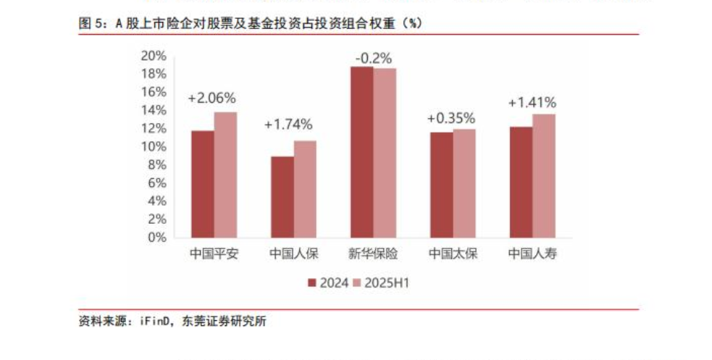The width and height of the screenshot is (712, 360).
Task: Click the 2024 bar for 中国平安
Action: click(x=202, y=184)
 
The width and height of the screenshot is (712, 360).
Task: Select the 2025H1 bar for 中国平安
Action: click(x=225, y=175)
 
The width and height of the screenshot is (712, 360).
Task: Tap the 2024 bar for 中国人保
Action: click(x=282, y=197)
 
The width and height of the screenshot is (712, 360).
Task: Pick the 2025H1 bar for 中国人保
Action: click(x=305, y=189)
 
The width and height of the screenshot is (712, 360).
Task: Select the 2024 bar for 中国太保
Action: click(x=441, y=185)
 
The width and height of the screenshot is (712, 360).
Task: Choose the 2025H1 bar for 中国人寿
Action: click(x=544, y=175)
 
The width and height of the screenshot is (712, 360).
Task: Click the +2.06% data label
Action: click(x=211, y=99)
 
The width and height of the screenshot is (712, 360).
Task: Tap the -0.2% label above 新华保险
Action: click(x=373, y=57)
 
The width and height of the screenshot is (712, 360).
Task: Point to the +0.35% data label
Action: click(x=451, y=118)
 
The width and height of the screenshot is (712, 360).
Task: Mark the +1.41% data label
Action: click(x=532, y=102)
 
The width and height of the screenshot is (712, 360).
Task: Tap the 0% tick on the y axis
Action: click(x=156, y=237)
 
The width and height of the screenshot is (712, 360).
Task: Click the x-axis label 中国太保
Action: click(x=453, y=254)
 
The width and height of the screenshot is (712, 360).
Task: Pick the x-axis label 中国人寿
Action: click(x=532, y=254)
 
